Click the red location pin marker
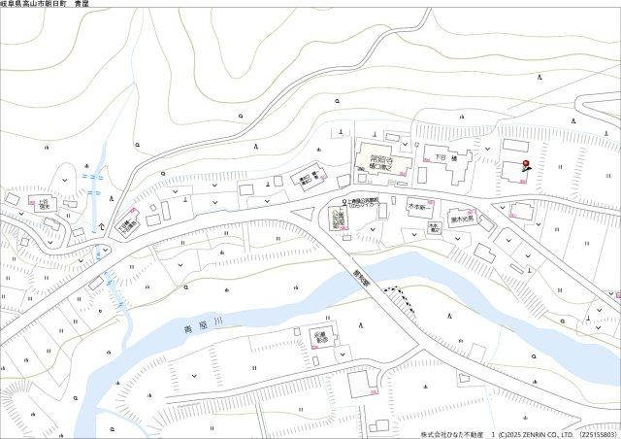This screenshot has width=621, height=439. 525,164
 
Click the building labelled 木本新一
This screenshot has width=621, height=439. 419,207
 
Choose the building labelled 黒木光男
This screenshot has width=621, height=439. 460,219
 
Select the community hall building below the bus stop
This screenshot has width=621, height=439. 339,219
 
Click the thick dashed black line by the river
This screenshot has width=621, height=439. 394,290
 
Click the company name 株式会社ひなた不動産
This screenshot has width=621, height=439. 451,434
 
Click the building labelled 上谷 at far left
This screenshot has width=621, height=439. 43,205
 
